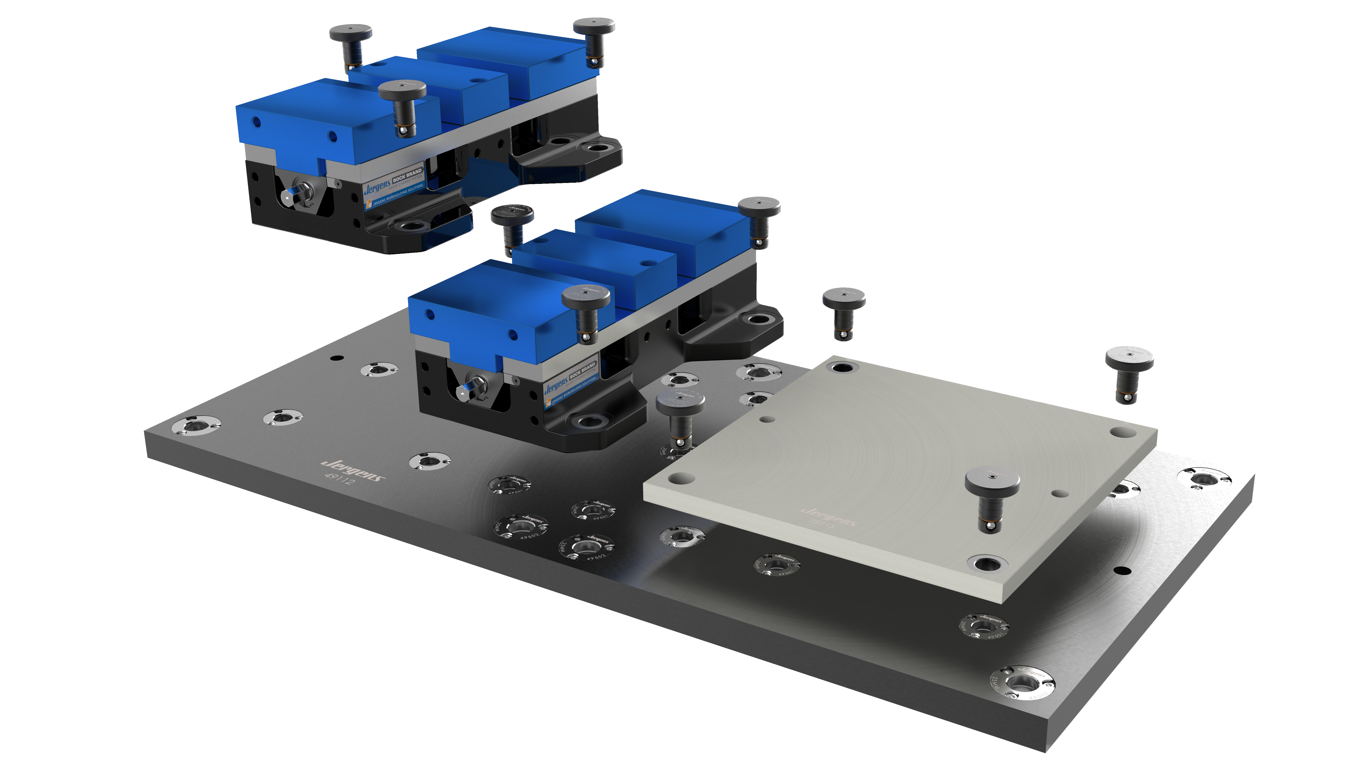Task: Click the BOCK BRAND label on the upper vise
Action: click(x=407, y=175)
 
